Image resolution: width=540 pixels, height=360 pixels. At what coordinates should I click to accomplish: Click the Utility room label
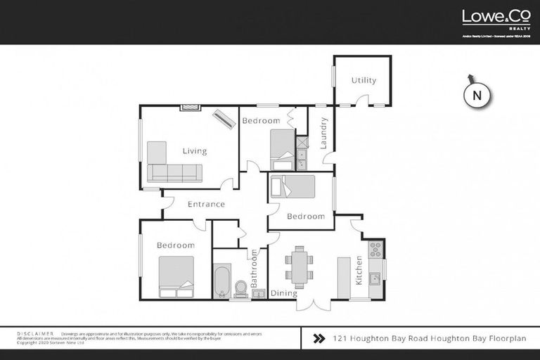pos(364,80)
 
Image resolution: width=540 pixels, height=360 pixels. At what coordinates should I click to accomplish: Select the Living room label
pos(195,151)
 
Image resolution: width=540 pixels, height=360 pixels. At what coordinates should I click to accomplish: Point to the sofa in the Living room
pos(174,172)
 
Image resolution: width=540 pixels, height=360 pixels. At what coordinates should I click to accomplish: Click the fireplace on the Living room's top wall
pos(191,108)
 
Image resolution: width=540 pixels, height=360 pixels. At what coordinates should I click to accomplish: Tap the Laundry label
pos(324,133)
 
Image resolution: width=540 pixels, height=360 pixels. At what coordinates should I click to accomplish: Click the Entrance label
pos(206,205)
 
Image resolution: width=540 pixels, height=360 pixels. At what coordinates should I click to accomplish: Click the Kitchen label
pos(359,270)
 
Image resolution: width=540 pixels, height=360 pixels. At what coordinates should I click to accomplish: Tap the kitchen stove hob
pos(375,249)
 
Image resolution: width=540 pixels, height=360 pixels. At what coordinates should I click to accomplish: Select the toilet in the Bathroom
pos(240,289)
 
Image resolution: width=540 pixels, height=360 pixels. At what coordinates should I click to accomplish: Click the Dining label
pos(284,293)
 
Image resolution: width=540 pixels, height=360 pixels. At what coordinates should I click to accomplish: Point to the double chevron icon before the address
pos(318,338)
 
